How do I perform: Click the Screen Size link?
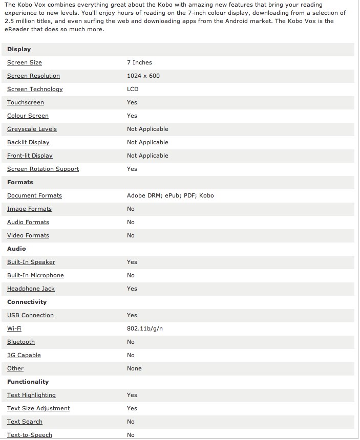coord(25,62)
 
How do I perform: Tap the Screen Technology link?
coord(35,89)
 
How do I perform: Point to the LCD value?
coord(133,89)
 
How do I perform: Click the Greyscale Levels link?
coord(32,129)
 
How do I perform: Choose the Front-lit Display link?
coord(30,156)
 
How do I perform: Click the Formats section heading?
coord(20,182)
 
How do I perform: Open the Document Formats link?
coord(34,195)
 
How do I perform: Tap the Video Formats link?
coord(28,235)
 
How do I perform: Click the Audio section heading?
coord(16,249)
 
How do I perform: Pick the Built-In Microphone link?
coord(35,275)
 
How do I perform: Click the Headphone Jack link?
coord(31,289)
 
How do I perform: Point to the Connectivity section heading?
coord(27,302)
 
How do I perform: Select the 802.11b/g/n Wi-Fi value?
coord(145,328)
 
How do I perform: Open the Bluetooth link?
coord(21,342)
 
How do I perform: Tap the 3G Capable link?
coord(24,355)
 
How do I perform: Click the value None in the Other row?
coord(134,368)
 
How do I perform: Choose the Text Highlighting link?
coord(31,395)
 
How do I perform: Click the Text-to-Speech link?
coord(30,435)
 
